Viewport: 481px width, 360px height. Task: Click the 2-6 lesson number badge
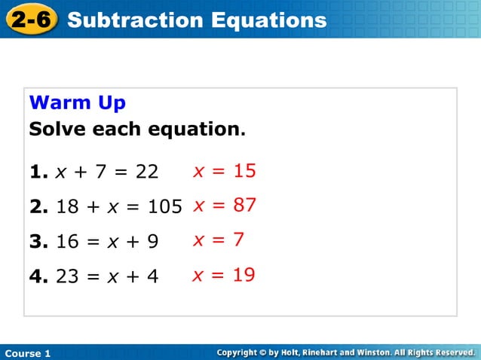[x=31, y=20]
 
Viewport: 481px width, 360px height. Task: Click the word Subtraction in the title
[x=130, y=20]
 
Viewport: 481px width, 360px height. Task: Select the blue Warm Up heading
[x=77, y=102]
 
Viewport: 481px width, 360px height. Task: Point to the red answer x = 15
[x=225, y=171]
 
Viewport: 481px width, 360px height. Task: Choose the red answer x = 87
[x=225, y=205]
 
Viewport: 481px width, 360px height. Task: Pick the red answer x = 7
[x=219, y=240]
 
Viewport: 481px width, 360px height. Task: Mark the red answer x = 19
[x=224, y=275]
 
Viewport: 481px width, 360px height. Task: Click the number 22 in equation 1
[x=147, y=172]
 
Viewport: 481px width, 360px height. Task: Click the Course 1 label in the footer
[x=27, y=353]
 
